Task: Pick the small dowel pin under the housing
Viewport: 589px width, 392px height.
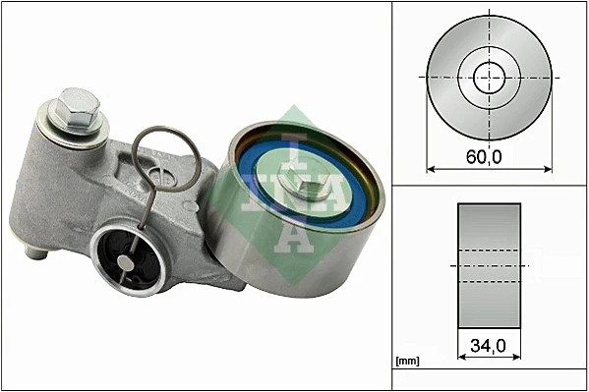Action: pyautogui.click(x=37, y=253)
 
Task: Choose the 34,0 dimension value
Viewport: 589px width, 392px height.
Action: pyautogui.click(x=489, y=345)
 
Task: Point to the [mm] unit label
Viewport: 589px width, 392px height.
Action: pyautogui.click(x=407, y=361)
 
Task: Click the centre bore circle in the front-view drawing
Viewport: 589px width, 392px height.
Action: pyautogui.click(x=489, y=76)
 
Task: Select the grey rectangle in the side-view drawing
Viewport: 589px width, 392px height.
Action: pyautogui.click(x=489, y=265)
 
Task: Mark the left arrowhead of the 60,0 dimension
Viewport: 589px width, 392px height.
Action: pyautogui.click(x=430, y=167)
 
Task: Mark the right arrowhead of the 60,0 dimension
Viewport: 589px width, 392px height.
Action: pyautogui.click(x=548, y=167)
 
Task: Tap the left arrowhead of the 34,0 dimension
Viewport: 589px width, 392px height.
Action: pyautogui.click(x=460, y=357)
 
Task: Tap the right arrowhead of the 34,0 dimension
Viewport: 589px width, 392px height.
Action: pyautogui.click(x=518, y=357)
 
